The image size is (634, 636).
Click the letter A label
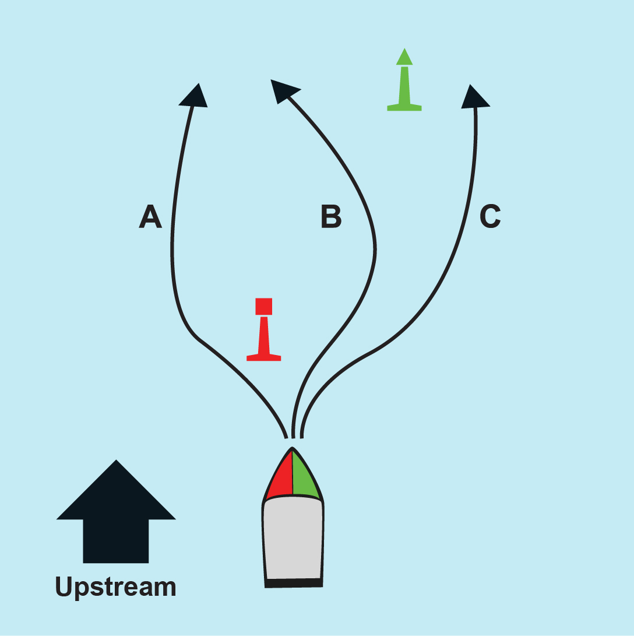coord(150,216)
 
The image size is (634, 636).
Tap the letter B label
coord(331,217)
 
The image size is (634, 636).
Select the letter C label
coord(490,216)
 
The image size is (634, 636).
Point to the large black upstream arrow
coord(116,512)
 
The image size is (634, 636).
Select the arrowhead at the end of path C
coord(474,97)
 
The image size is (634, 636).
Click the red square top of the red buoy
coord(263,306)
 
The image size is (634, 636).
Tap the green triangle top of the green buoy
coord(404,57)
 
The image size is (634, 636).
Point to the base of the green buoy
coord(404,107)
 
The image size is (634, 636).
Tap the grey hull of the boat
coord(293,538)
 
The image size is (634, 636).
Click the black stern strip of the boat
coord(294,584)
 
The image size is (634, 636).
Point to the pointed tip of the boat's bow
coord(292,447)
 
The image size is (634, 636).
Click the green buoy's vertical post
coord(404,85)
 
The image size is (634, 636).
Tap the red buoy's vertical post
coord(263,335)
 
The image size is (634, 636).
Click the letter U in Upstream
coord(64,586)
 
